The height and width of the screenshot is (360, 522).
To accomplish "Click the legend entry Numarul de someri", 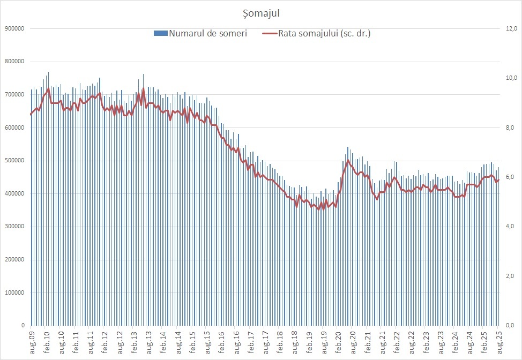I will tap(207, 33).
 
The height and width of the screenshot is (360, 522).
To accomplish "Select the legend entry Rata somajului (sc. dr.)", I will tap(324, 33).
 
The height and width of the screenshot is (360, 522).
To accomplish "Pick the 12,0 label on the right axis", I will tap(511, 28).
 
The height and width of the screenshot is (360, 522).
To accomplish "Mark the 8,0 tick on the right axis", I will tap(511, 127).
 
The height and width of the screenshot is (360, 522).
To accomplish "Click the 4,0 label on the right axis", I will tap(511, 227).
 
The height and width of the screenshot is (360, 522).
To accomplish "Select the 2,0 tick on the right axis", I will tap(511, 276).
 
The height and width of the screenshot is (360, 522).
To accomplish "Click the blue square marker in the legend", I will tap(160, 33).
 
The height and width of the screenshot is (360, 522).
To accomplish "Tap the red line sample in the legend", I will tap(270, 33).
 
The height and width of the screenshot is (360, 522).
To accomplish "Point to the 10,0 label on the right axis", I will tap(511, 78).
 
